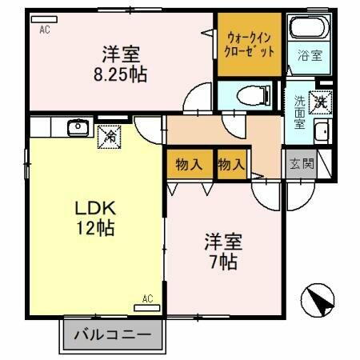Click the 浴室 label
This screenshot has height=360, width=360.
tap(310, 56)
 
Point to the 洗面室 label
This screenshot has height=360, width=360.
tap(298, 113)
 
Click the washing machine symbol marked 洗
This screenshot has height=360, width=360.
tap(319, 102)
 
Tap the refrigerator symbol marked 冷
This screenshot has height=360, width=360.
tap(110, 137)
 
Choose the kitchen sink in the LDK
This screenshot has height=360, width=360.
tap(78, 127)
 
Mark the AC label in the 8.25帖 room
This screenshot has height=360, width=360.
tap(44, 31)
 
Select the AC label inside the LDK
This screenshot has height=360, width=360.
tap(147, 299)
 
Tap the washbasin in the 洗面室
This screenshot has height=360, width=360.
tap(322, 133)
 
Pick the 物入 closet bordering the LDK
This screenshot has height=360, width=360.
tap(189, 165)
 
